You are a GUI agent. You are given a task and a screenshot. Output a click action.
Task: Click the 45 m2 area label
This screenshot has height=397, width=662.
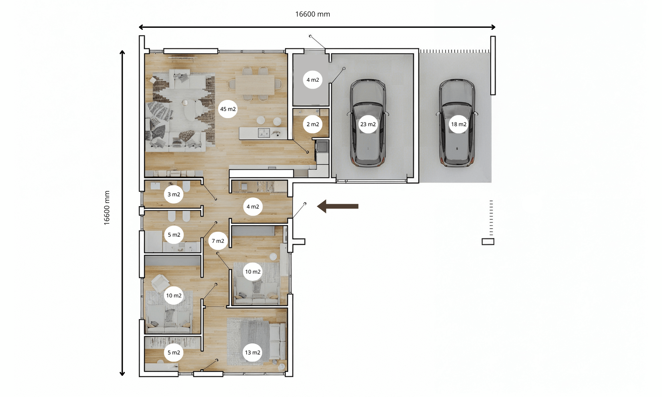click(x=228, y=109)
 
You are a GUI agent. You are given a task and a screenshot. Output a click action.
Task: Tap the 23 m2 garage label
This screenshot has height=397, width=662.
click(x=368, y=124)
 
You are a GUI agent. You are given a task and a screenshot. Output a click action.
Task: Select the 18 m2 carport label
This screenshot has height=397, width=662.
click(x=458, y=124)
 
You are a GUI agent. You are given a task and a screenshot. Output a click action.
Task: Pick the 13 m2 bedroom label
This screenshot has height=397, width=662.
click(x=253, y=352)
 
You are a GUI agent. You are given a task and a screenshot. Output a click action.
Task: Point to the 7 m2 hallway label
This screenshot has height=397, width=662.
click(x=218, y=241)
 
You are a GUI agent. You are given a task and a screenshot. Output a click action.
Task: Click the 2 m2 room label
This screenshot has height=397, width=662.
click(x=312, y=124)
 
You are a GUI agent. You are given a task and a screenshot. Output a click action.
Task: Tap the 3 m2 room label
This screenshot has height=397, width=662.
click(x=173, y=194)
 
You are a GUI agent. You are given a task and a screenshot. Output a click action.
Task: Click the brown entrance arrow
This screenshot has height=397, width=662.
click(x=338, y=206)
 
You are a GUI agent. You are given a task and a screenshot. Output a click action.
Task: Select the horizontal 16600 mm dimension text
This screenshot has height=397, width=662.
click(x=312, y=14)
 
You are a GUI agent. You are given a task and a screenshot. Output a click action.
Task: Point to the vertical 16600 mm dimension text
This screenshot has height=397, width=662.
click(x=107, y=208)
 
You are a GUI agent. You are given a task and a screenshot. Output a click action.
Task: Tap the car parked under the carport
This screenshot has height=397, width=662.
click(x=457, y=122)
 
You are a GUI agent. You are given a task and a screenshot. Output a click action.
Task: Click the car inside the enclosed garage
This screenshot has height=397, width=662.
click(x=368, y=122)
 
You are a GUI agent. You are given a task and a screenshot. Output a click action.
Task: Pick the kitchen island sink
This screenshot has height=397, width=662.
click(x=264, y=133)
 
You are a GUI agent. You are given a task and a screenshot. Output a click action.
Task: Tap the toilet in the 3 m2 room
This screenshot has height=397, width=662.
click(x=186, y=186)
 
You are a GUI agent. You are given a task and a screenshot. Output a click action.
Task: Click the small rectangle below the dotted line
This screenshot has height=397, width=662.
click(x=488, y=242)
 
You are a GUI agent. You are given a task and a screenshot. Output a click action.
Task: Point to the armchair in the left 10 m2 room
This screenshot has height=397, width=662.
click(x=161, y=283)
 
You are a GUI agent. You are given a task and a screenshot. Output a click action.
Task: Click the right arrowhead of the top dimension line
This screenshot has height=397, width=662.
click(x=493, y=27)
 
